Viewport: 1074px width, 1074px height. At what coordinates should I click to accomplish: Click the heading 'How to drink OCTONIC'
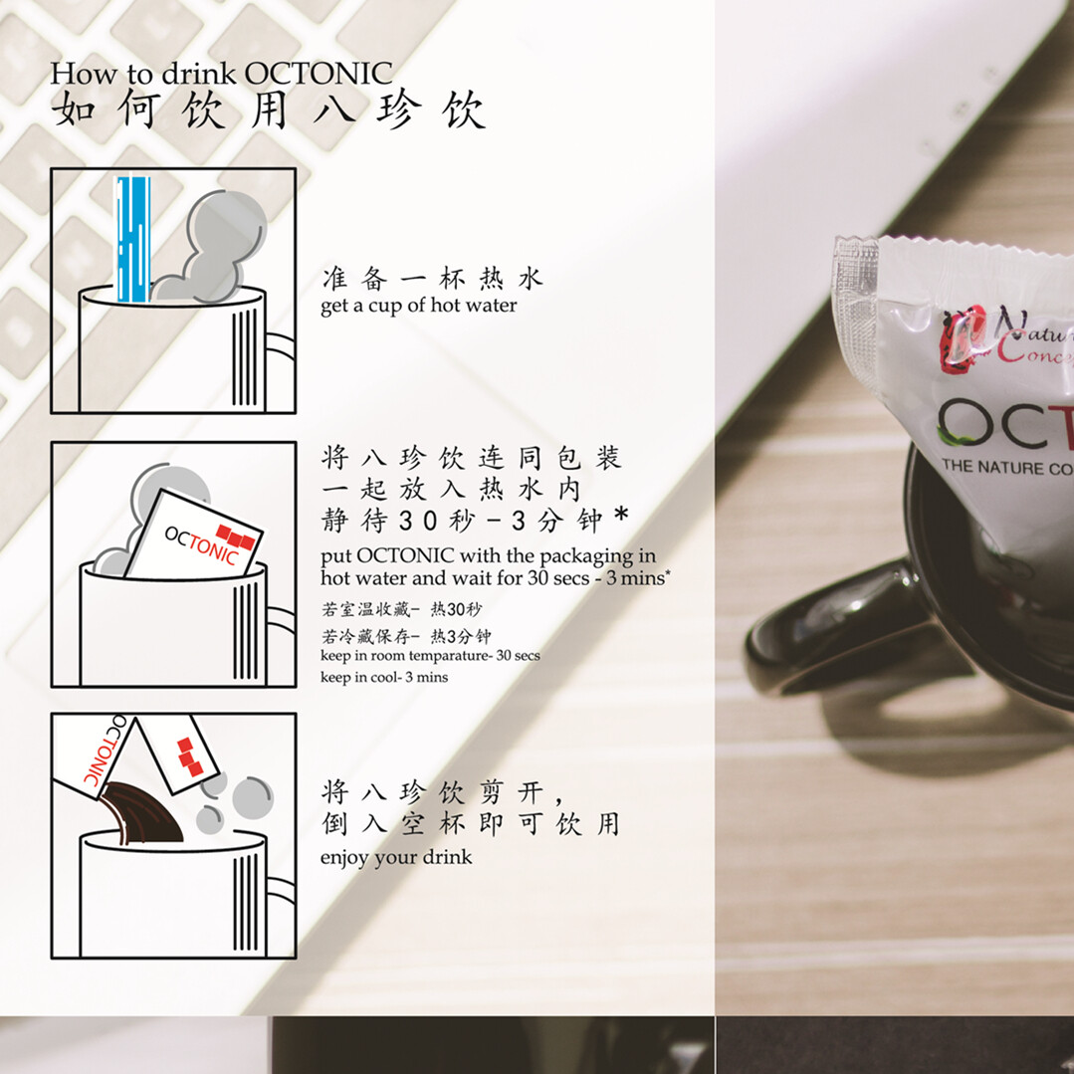tap(221, 74)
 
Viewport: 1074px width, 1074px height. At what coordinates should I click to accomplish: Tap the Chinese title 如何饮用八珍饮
tap(269, 109)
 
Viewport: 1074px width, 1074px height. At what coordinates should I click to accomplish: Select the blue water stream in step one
tap(132, 239)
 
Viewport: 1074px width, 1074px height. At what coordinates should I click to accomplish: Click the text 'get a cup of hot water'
tap(418, 306)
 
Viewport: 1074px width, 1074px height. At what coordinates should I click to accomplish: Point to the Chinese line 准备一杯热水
tap(432, 279)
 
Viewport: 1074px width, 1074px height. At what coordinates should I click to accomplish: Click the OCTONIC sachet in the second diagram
tap(194, 536)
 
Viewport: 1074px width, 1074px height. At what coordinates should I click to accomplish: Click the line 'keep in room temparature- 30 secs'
tap(430, 656)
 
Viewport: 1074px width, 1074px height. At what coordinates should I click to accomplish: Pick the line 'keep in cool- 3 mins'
tap(384, 678)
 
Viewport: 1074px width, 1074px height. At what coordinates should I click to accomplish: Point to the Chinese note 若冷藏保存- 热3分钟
tap(406, 636)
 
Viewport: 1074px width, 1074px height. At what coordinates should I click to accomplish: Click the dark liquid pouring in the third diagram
tap(141, 814)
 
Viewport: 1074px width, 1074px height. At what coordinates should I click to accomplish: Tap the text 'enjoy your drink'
tap(396, 858)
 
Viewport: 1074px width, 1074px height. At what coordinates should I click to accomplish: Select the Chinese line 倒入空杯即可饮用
tap(471, 824)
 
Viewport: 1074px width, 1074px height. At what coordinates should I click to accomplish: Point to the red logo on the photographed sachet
tap(964, 339)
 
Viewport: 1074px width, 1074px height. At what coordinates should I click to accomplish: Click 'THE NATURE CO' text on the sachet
tap(1007, 467)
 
